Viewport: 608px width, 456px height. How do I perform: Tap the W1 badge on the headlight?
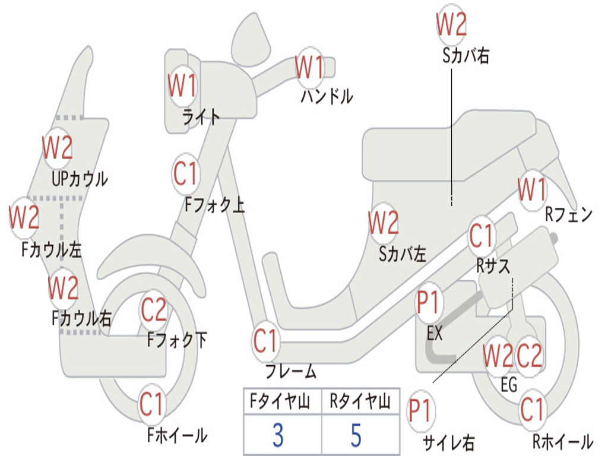[182, 86]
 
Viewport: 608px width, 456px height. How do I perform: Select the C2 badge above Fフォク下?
[154, 310]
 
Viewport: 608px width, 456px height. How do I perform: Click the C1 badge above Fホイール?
[152, 404]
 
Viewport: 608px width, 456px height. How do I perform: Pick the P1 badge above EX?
[428, 302]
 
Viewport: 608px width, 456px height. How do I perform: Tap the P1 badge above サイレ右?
[420, 411]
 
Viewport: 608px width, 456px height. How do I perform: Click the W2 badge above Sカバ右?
[451, 24]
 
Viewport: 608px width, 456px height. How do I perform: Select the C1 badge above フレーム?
[265, 341]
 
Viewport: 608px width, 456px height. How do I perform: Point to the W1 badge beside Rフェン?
[532, 190]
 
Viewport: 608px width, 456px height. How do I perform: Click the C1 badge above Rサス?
[481, 236]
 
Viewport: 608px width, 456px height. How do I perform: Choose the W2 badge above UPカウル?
[58, 148]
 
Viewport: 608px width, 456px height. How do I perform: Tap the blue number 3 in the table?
[278, 435]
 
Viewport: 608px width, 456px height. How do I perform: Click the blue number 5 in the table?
[356, 435]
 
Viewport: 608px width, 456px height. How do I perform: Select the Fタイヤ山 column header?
[280, 401]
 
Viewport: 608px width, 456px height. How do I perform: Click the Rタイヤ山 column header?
[360, 401]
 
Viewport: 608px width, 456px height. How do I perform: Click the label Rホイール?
[563, 441]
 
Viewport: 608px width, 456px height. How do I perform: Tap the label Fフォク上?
[214, 204]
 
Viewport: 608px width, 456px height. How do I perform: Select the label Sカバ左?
[403, 254]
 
